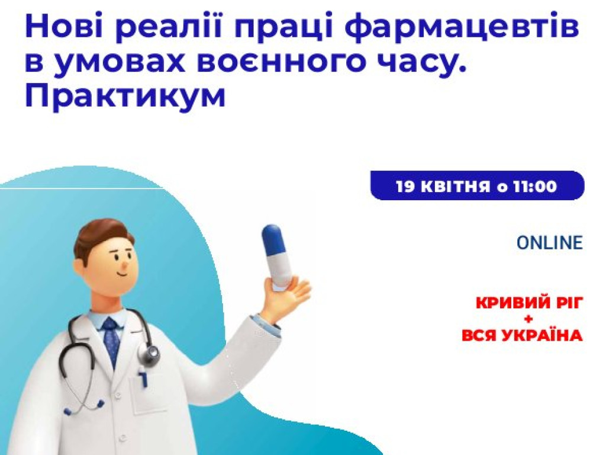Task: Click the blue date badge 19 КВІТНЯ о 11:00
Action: click(477, 186)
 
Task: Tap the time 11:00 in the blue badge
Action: click(535, 187)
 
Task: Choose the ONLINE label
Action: click(549, 243)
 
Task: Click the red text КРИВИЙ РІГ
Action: click(530, 303)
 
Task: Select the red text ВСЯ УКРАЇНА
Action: click(522, 336)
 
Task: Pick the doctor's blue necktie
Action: click(111, 340)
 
